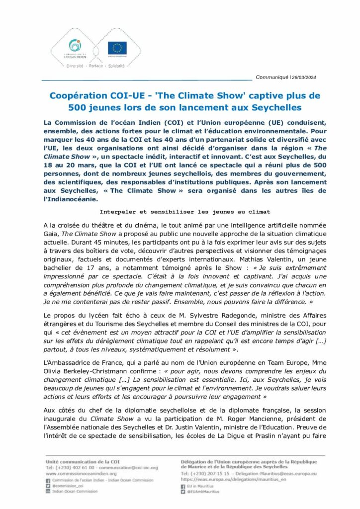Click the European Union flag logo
(x=117, y=48)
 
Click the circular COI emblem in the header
(x=76, y=45)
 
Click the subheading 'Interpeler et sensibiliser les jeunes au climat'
(x=180, y=212)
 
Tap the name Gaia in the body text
(x=51, y=234)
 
